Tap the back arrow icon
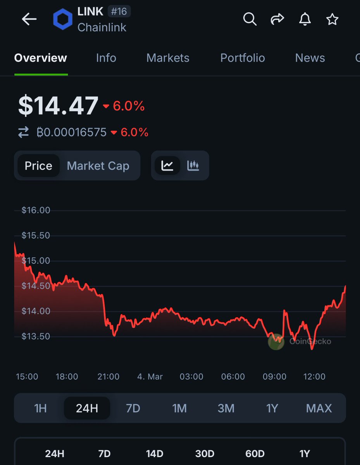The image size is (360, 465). click(x=29, y=19)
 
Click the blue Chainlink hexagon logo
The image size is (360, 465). click(x=63, y=20)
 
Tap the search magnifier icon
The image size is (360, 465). click(x=250, y=19)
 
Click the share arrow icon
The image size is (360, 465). click(x=277, y=19)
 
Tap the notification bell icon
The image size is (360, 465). click(x=305, y=19)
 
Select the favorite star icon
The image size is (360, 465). click(x=332, y=19)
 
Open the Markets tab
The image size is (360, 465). click(x=168, y=58)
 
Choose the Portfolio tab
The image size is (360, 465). click(x=243, y=58)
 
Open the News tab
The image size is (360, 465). click(x=310, y=58)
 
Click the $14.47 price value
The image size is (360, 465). click(x=58, y=106)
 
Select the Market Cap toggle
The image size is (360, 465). click(x=98, y=166)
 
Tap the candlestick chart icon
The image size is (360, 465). click(x=193, y=166)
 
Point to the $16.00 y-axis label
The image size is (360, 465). click(x=36, y=210)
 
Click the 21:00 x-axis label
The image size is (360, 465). click(x=108, y=377)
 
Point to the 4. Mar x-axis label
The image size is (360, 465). click(x=150, y=377)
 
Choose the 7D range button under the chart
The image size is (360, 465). click(x=133, y=408)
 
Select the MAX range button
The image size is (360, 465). click(x=319, y=408)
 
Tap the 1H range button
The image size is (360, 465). click(x=40, y=408)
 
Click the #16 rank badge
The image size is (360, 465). click(x=119, y=12)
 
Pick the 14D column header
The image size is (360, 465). click(x=155, y=454)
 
